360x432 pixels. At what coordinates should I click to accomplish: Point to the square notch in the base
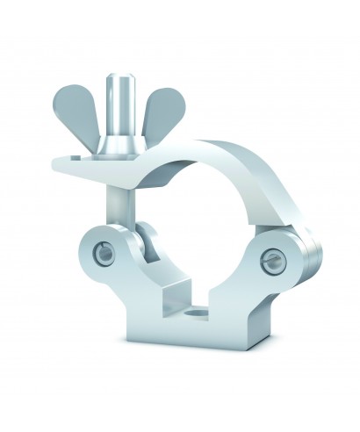(180, 299)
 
